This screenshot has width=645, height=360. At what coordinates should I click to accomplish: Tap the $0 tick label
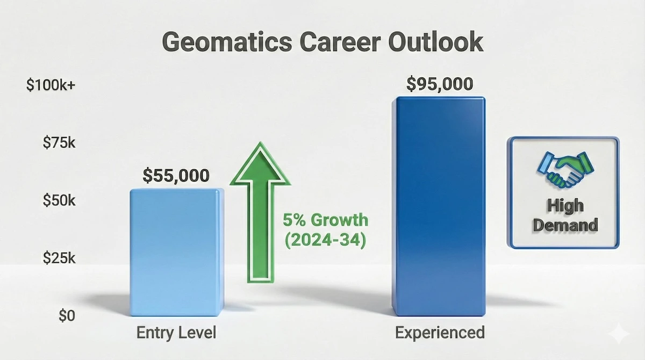click(x=67, y=315)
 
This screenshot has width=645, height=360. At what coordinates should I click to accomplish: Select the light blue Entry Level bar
click(x=175, y=253)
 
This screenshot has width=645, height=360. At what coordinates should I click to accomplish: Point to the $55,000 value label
click(x=176, y=175)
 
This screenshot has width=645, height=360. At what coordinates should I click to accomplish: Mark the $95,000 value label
click(x=439, y=84)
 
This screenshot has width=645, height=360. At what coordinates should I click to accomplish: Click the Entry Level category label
click(x=176, y=333)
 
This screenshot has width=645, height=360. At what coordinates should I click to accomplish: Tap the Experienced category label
click(x=440, y=333)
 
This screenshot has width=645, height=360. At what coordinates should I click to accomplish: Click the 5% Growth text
click(x=326, y=220)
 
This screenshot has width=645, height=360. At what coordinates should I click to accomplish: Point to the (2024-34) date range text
click(x=325, y=240)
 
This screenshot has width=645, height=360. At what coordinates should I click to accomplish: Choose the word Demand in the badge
click(x=564, y=224)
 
